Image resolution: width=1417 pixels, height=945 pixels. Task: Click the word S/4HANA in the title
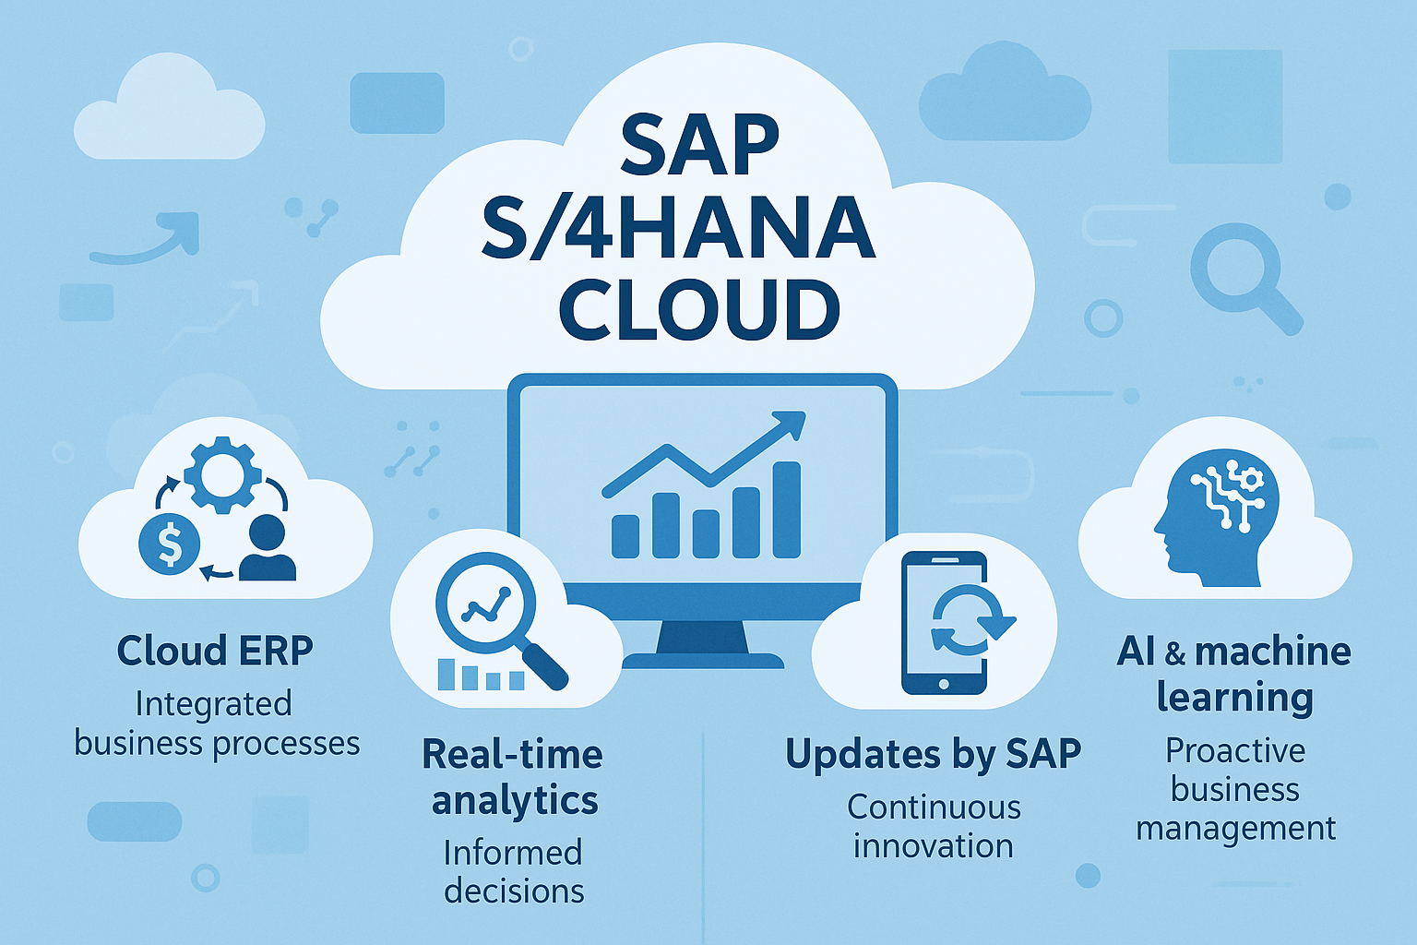(x=679, y=229)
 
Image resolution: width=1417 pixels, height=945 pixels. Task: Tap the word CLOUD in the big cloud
(x=699, y=308)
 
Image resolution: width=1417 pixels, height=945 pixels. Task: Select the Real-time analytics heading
(x=513, y=777)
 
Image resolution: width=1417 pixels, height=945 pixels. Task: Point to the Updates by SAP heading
(x=933, y=755)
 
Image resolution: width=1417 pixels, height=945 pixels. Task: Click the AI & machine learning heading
(x=1234, y=675)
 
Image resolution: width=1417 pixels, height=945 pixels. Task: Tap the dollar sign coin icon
(x=169, y=544)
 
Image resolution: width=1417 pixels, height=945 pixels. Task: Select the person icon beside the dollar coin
(x=268, y=548)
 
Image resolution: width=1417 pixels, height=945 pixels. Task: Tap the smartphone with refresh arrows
(x=945, y=623)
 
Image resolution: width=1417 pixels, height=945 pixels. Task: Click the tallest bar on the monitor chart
(x=787, y=510)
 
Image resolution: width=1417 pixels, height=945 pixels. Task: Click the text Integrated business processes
(x=217, y=724)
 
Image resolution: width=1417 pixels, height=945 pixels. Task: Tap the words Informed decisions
(x=513, y=871)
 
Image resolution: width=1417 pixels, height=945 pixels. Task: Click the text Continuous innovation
(x=934, y=827)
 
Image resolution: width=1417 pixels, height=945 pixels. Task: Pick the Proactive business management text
(x=1235, y=789)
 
